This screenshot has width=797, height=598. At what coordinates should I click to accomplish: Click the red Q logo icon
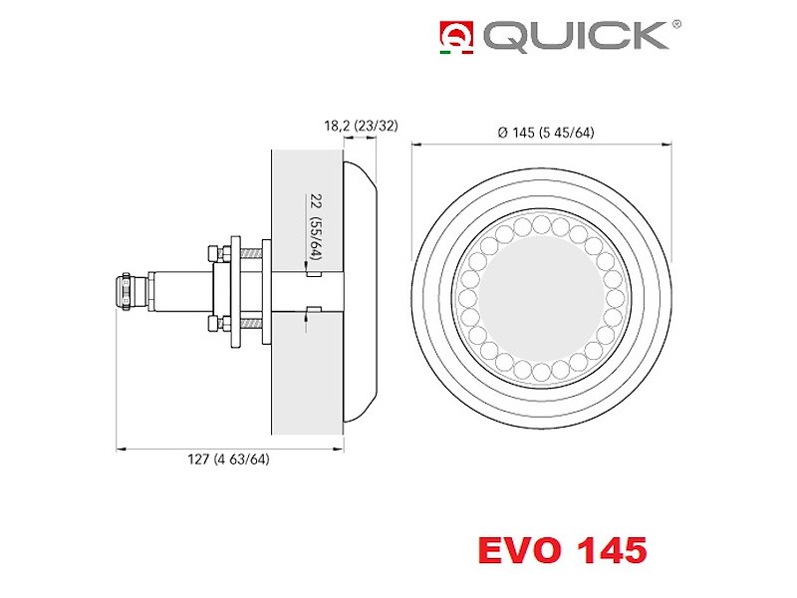[x=456, y=35]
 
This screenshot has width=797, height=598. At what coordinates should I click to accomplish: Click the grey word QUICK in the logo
[x=576, y=36]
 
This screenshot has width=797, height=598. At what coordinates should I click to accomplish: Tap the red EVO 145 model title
[x=562, y=550]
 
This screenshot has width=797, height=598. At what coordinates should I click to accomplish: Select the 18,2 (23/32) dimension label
[x=361, y=126]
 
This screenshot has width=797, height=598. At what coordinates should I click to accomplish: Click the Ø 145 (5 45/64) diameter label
[x=546, y=133]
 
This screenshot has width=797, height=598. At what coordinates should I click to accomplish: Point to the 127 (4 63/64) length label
[x=229, y=459]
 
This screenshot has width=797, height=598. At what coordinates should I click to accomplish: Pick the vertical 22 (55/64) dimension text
[x=316, y=227]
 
